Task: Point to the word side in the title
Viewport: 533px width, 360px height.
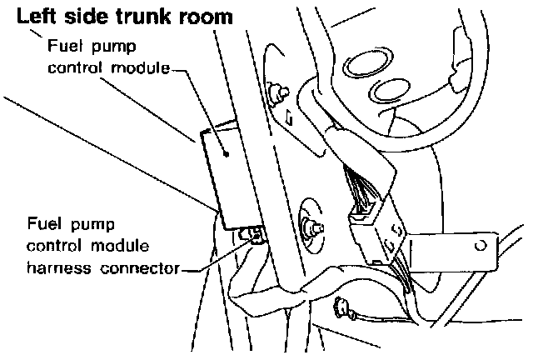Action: pos(83,16)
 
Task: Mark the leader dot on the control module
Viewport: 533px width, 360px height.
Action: pos(228,152)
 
